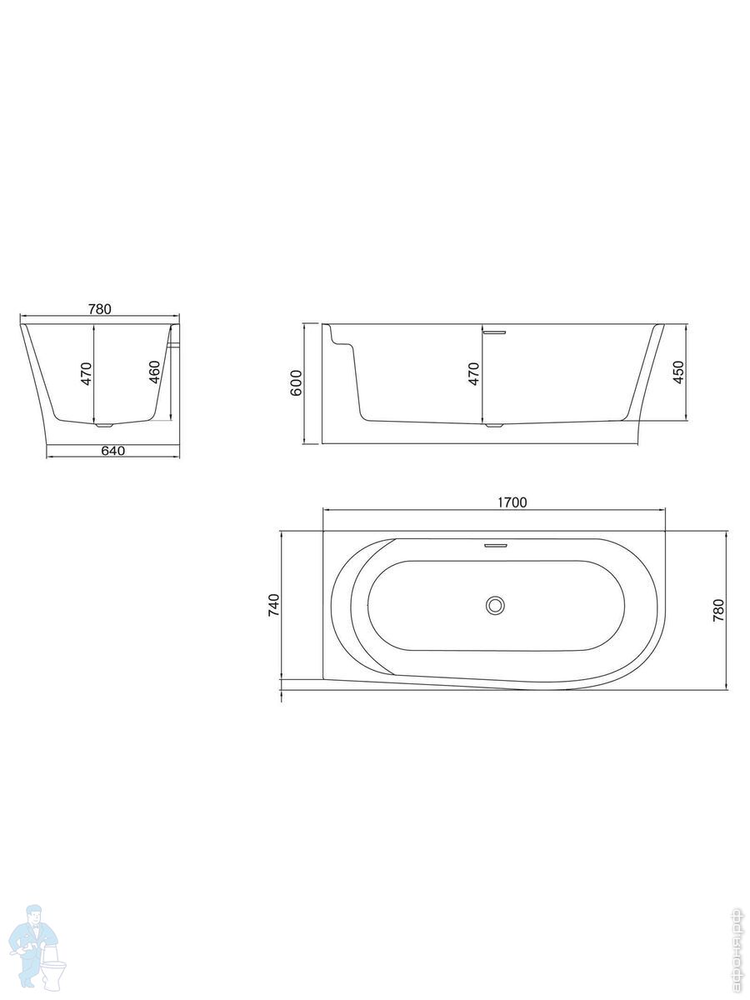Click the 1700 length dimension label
pos(512,502)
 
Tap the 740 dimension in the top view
pos(273,605)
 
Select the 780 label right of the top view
pos(718,611)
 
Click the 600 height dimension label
pos(296,382)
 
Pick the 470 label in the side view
pos(474,373)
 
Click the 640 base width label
pos(112,451)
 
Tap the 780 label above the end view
pos(100,309)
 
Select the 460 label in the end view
pos(155,372)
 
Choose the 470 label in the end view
pos(87,373)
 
